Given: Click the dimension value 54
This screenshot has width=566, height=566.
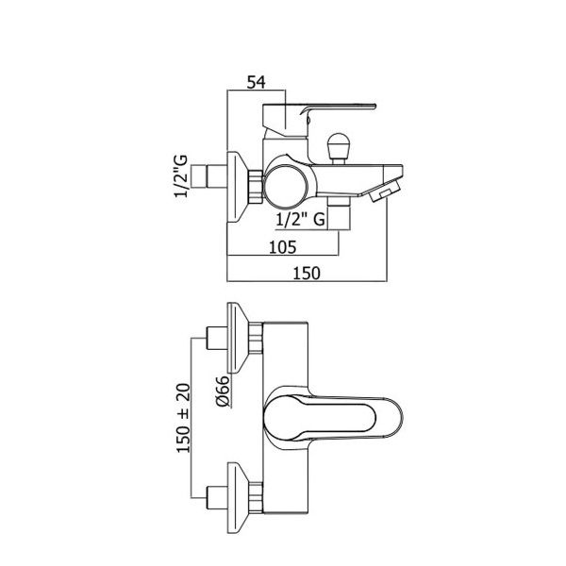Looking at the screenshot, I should [256, 83].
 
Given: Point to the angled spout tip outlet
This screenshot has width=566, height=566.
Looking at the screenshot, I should [384, 192].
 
